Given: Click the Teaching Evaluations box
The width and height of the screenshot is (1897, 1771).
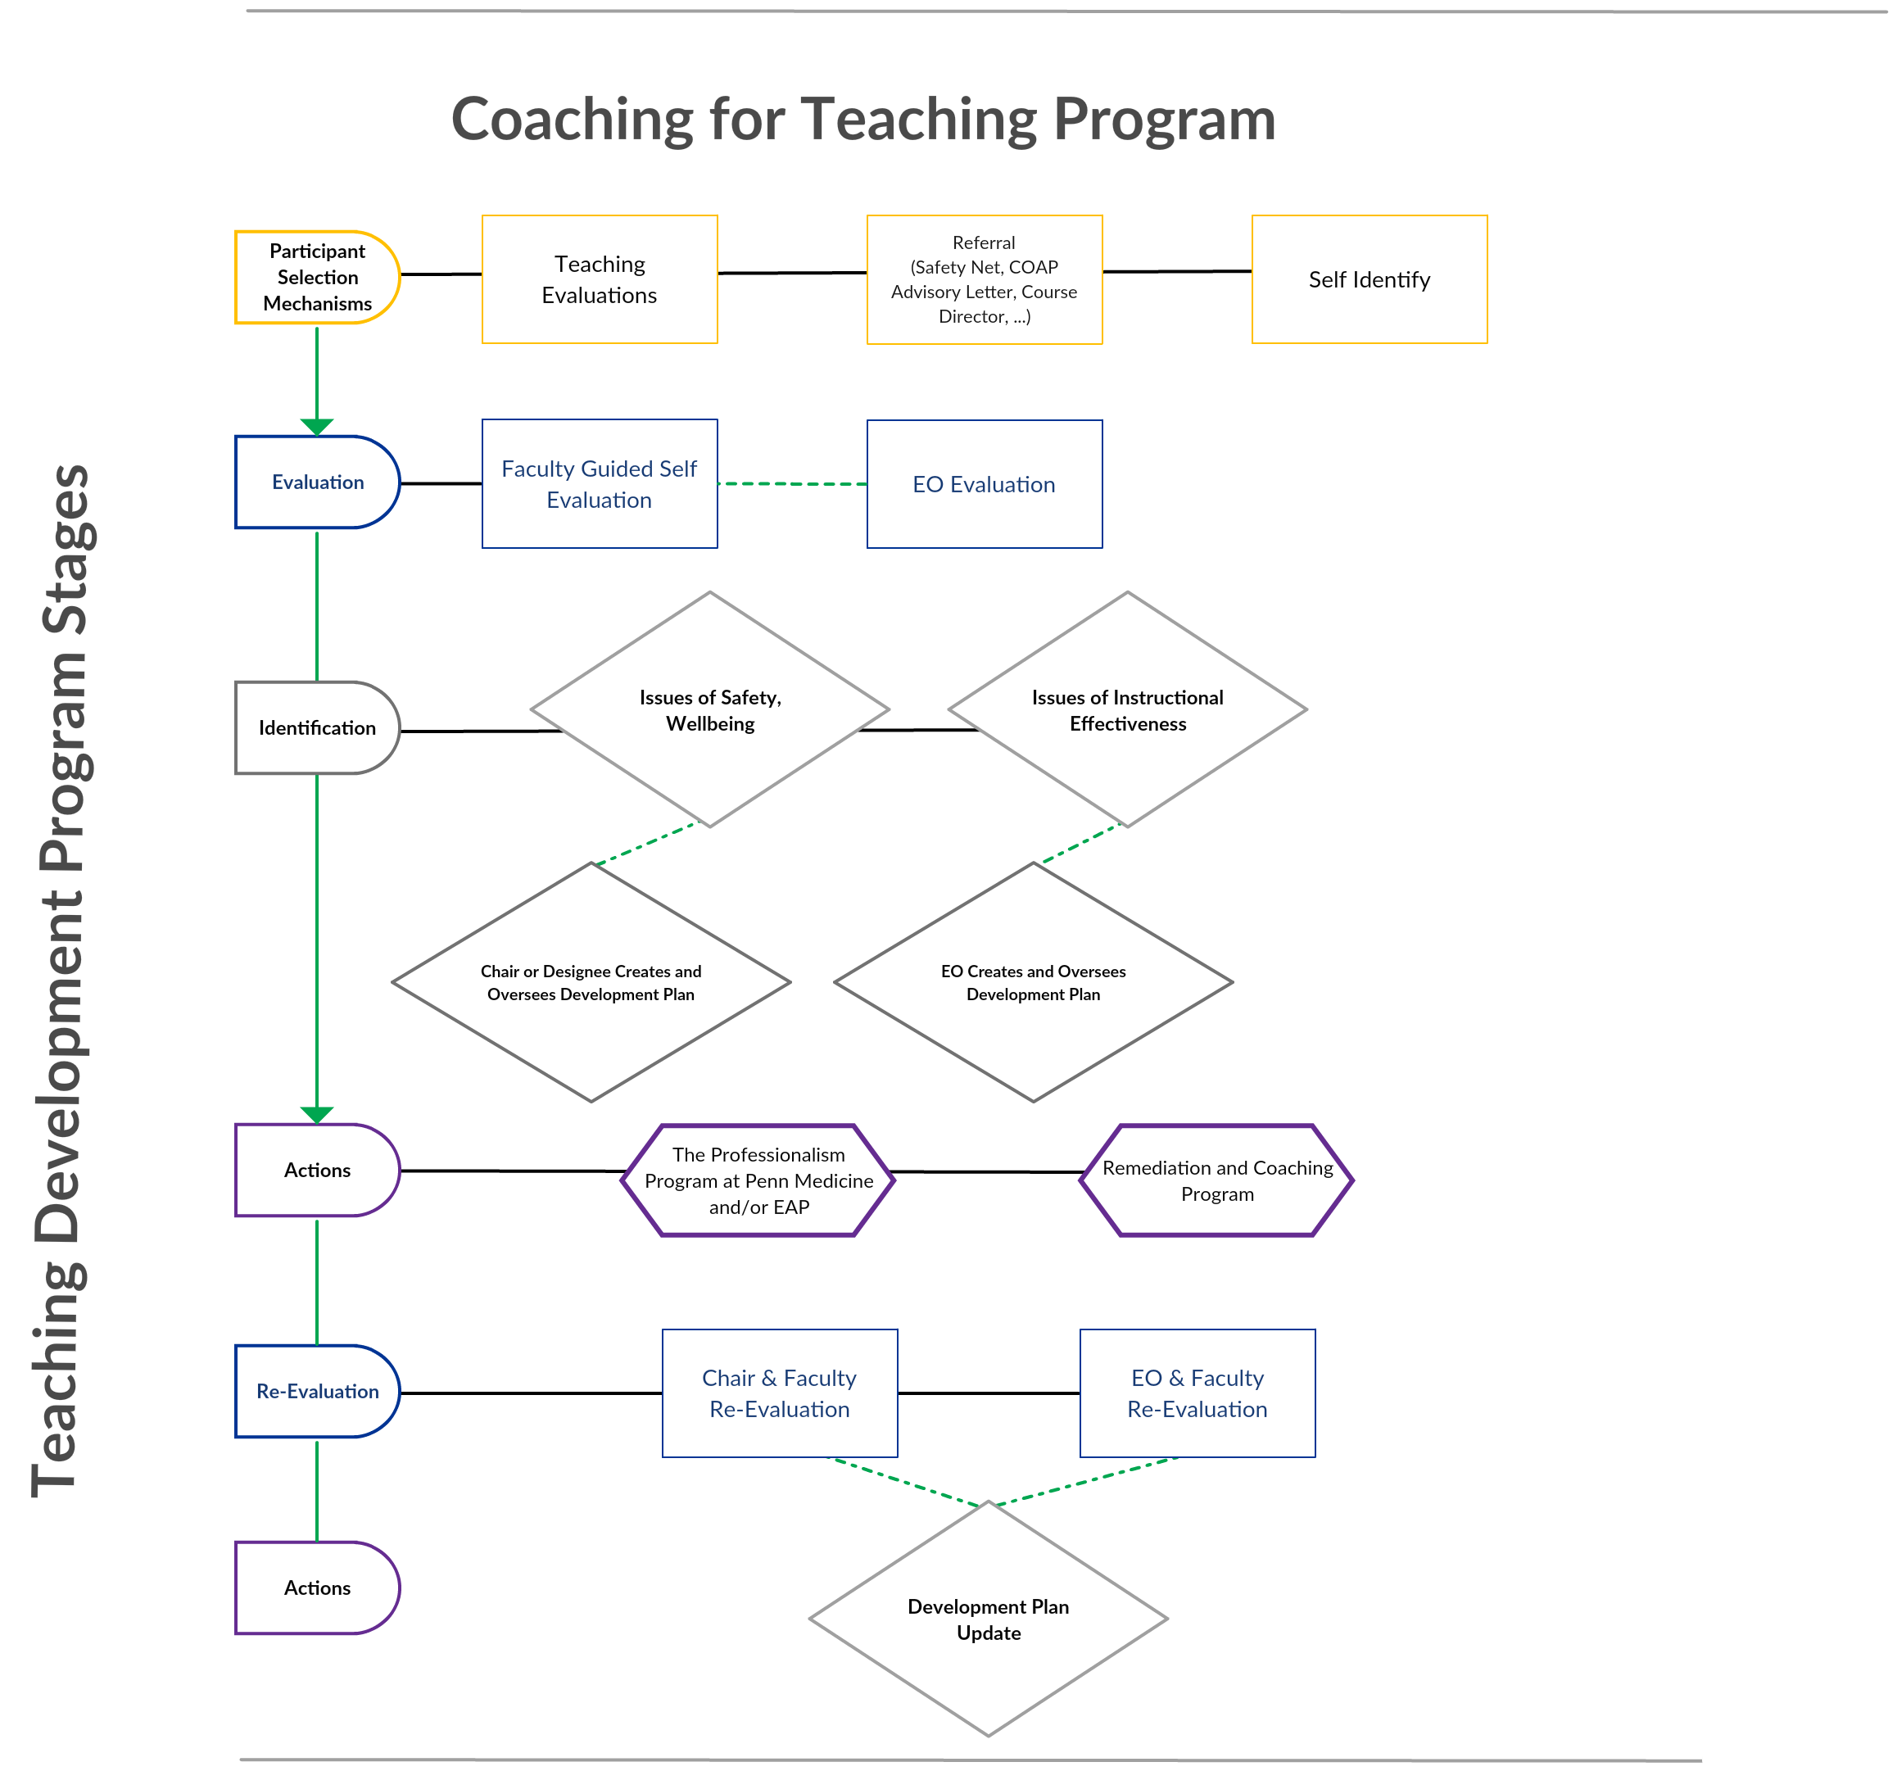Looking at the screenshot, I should (600, 279).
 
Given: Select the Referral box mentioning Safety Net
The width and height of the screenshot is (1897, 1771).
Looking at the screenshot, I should (984, 279).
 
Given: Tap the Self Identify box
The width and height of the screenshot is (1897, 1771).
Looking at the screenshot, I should (1370, 279).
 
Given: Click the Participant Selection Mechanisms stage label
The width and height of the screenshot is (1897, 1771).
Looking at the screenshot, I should (317, 277).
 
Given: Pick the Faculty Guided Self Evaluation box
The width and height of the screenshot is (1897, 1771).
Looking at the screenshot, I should (600, 484).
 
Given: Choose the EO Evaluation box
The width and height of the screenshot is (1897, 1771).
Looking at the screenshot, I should (984, 484).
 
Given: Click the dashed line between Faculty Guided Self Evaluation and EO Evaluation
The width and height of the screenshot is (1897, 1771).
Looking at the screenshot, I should (792, 484).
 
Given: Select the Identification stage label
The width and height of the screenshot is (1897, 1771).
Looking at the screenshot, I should (317, 727).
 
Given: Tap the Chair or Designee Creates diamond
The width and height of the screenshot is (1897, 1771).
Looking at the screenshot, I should (591, 982).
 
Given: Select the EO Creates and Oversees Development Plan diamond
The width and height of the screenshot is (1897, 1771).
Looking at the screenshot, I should (1034, 982).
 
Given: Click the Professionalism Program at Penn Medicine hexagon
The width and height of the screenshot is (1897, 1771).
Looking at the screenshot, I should (758, 1180).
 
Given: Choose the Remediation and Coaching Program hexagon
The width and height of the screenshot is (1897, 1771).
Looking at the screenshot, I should (1216, 1180).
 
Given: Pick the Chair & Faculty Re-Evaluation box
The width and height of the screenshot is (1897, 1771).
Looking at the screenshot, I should (780, 1393).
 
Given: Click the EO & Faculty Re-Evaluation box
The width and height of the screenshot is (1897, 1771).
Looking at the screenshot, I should (1197, 1393).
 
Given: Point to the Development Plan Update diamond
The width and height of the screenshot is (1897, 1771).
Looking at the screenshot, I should (989, 1619).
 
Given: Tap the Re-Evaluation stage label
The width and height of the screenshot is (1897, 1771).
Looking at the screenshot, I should (317, 1391).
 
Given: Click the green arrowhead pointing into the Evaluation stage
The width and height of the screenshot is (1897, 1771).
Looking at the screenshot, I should (317, 427).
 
